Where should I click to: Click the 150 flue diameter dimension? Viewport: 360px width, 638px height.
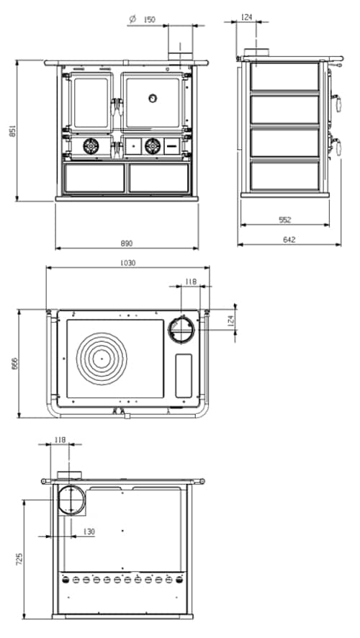(x=150, y=20)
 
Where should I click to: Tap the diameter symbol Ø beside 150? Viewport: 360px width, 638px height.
(x=132, y=20)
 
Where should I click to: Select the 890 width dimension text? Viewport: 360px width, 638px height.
(x=127, y=243)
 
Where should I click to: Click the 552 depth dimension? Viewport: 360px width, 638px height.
(x=285, y=219)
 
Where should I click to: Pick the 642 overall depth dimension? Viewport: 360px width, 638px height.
(x=289, y=239)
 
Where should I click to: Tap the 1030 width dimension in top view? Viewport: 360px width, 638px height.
(x=128, y=263)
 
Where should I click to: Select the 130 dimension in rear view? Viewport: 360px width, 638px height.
(x=89, y=531)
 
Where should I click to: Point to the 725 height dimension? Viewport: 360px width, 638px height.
(x=19, y=558)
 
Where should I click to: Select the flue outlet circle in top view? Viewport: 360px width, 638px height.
(x=181, y=330)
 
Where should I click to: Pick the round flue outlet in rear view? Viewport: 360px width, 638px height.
(x=71, y=499)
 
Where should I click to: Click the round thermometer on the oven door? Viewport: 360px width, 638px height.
(x=153, y=98)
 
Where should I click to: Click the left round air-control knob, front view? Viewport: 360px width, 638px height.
(x=91, y=146)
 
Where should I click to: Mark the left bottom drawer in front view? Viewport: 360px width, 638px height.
(x=94, y=177)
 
